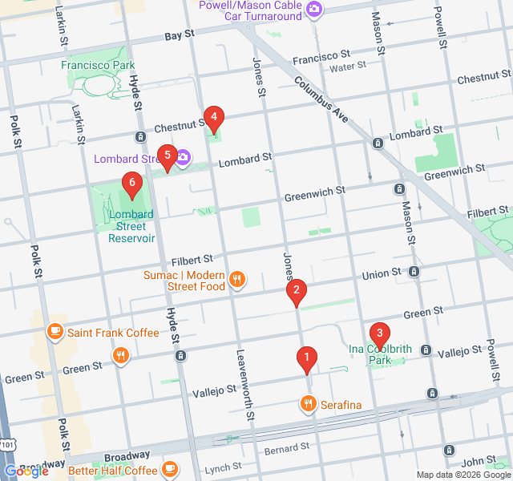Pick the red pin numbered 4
[x=212, y=119]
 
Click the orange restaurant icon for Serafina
[x=307, y=403]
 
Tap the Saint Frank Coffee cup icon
[x=55, y=331]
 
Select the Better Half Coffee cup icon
[x=170, y=469]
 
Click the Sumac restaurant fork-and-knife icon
[x=236, y=280]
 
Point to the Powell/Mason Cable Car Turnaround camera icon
[x=314, y=10]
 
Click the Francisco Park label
[x=98, y=64]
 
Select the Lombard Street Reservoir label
[x=131, y=226]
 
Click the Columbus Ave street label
[x=321, y=99]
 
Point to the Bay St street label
[x=180, y=35]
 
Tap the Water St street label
[x=347, y=67]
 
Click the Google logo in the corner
[x=26, y=471]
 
